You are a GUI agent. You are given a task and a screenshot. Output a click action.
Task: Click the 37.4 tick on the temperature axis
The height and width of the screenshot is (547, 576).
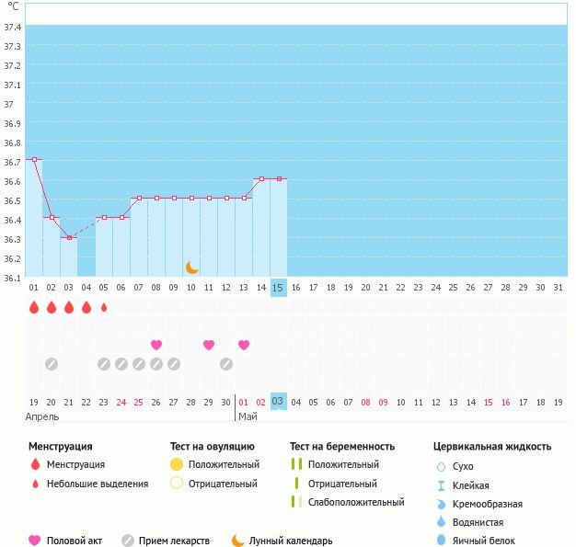(13, 27)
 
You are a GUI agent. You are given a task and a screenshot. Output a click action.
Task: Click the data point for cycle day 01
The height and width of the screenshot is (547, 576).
(34, 159)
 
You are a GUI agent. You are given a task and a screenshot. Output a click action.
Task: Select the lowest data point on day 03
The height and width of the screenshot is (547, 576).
(69, 237)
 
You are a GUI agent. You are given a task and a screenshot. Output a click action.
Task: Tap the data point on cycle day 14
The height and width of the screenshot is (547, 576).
(261, 178)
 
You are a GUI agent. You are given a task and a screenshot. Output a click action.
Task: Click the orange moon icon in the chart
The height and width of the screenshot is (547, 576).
(191, 267)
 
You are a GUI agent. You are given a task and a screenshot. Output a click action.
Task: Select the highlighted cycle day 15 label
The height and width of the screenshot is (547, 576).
(279, 288)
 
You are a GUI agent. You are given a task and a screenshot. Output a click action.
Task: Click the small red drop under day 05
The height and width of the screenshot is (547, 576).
(104, 308)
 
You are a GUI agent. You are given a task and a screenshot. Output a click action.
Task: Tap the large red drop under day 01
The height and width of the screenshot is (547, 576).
(34, 308)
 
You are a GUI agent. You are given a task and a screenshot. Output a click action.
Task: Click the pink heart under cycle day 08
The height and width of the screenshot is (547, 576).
(156, 345)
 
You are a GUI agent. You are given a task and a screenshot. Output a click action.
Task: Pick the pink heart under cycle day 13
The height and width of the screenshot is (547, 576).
(244, 345)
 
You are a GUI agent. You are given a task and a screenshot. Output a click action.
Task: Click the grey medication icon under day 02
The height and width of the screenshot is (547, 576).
(52, 364)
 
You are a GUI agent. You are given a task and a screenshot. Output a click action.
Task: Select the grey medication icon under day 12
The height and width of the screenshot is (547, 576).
(226, 364)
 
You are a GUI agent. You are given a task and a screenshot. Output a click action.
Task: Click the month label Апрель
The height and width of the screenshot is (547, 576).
(42, 416)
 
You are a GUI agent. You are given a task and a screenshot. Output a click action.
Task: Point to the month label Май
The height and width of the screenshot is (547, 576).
(247, 416)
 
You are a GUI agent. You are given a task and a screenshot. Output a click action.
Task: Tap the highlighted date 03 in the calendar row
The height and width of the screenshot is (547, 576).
(278, 402)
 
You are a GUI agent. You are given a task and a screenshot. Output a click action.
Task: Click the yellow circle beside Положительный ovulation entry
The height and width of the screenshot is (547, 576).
(178, 464)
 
